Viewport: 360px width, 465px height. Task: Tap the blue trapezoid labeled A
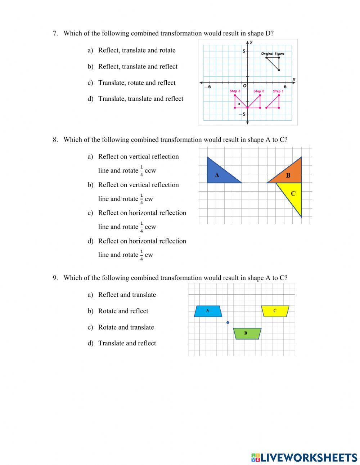(x=208, y=311)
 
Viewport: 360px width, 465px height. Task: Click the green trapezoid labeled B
(x=247, y=334)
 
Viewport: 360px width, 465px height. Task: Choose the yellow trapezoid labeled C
(x=275, y=311)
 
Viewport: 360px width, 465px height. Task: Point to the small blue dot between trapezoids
(x=228, y=322)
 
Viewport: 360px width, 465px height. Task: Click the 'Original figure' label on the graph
(x=273, y=54)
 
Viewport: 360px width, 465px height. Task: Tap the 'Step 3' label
(x=235, y=91)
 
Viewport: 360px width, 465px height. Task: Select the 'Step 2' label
(x=259, y=91)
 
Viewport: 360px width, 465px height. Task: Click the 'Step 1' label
(x=278, y=91)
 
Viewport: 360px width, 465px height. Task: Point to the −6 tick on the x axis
(x=208, y=87)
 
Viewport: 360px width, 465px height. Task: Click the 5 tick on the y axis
(x=243, y=51)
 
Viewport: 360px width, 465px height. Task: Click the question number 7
(x=55, y=33)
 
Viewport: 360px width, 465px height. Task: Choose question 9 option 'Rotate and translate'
(x=126, y=327)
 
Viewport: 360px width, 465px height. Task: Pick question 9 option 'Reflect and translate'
(x=127, y=295)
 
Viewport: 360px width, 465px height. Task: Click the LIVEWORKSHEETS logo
(x=304, y=457)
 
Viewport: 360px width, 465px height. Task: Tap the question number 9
(x=55, y=278)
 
